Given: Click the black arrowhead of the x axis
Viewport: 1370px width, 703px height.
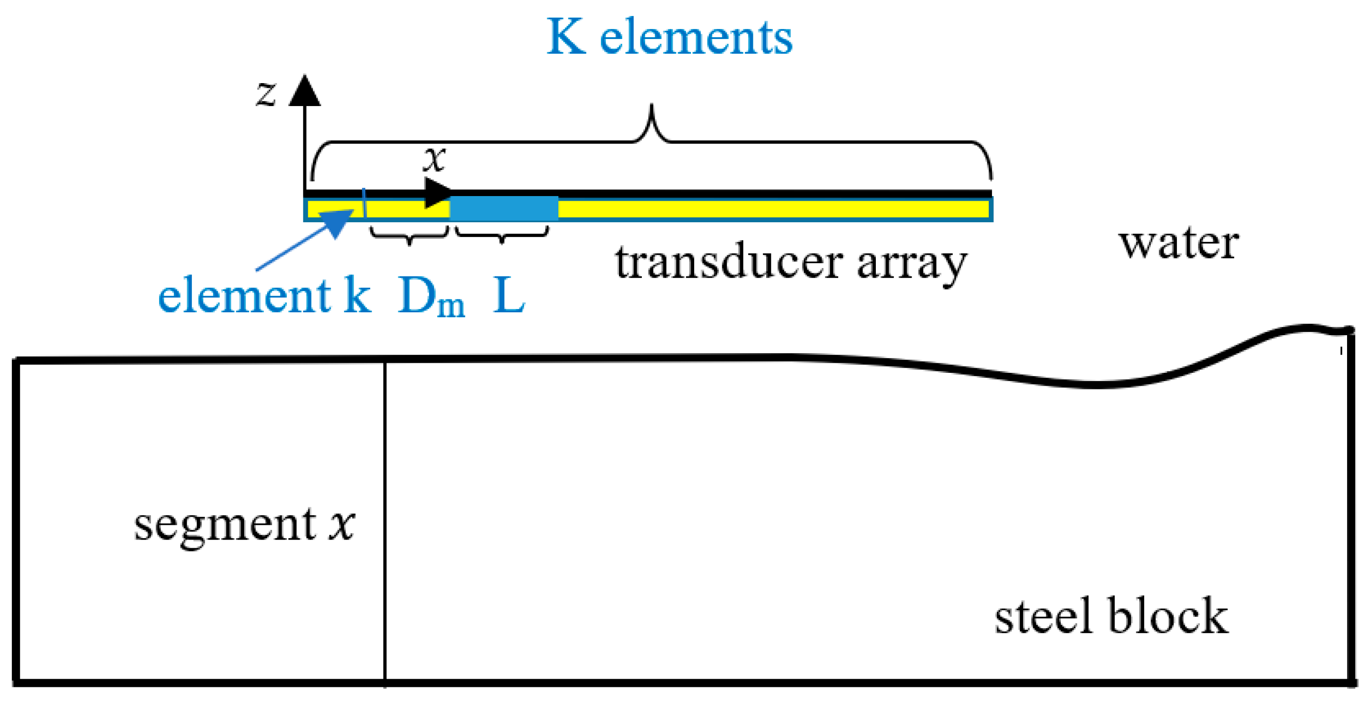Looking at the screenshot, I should pos(438,193).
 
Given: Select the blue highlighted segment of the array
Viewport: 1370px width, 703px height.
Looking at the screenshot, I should pos(504,208).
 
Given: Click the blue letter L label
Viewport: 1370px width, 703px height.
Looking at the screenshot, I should pos(509,296).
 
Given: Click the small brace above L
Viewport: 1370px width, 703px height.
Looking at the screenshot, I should pos(501,235).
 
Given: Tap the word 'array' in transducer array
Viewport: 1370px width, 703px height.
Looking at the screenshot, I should pos(912,264).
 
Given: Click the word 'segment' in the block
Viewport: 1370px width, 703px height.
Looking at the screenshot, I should pos(225,525).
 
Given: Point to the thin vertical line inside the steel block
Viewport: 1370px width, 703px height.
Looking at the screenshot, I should pos(384,522).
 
